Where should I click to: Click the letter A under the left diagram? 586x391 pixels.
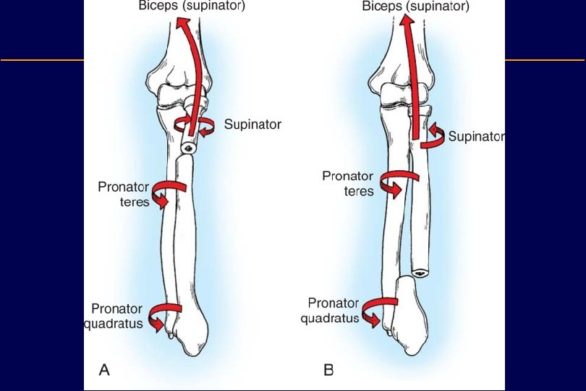point(104,370)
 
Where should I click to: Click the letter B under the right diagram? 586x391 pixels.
point(328,370)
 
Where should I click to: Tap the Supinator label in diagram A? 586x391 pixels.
point(252,124)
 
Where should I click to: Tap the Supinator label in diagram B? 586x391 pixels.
point(476,136)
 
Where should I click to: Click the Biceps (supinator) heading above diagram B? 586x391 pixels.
point(416,7)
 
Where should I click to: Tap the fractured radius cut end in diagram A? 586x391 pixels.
point(188,148)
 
